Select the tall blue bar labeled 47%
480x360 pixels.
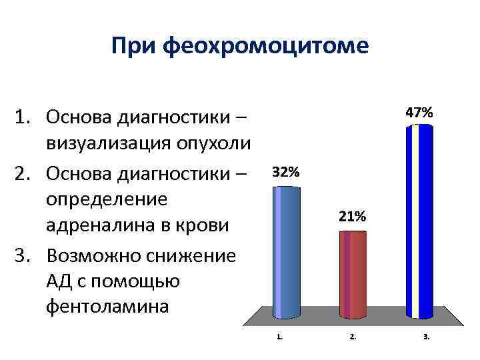point(419,220)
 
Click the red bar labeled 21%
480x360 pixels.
point(353,273)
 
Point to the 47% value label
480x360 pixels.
point(419,113)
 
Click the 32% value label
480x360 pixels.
point(286,171)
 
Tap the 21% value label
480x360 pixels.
point(352,217)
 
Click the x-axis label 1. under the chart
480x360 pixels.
point(280,337)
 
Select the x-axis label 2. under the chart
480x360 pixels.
point(353,337)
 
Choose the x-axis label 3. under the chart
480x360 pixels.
point(426,337)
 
